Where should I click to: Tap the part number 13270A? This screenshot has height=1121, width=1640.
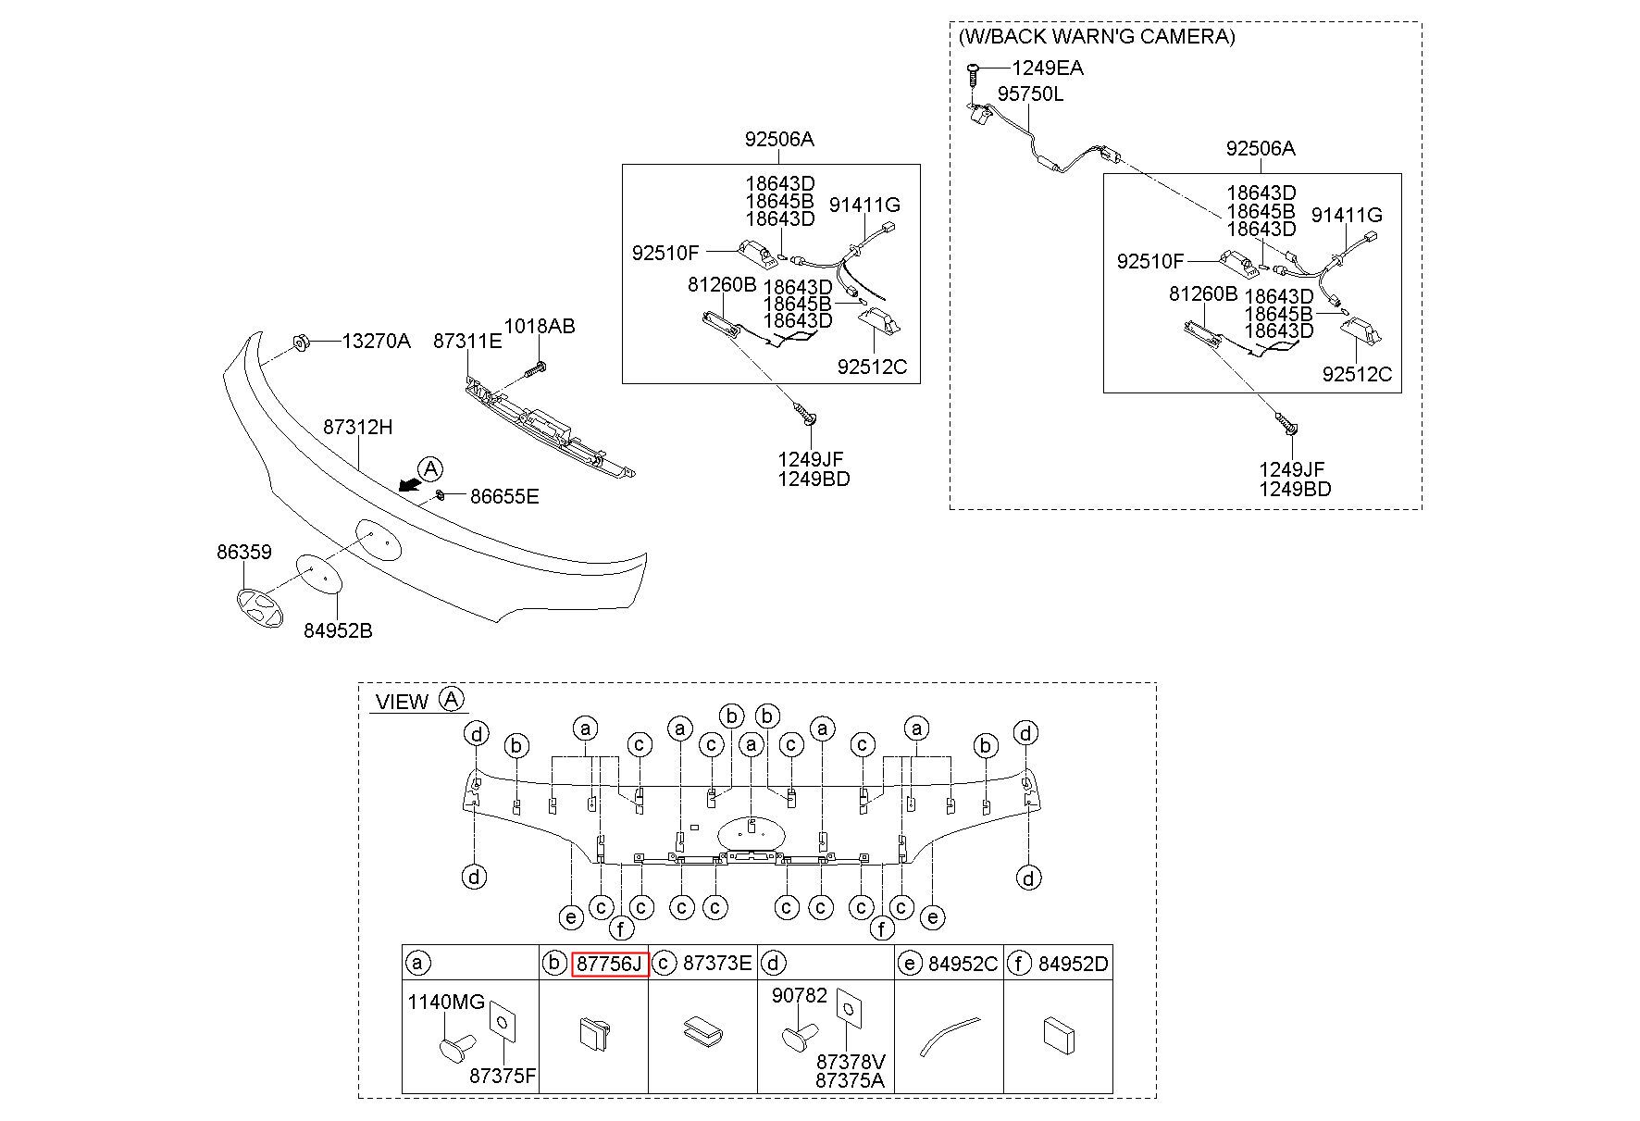(376, 341)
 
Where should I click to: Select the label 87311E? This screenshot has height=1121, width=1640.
(467, 341)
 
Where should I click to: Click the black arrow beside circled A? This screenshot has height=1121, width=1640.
(407, 484)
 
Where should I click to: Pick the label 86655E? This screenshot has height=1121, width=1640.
(504, 496)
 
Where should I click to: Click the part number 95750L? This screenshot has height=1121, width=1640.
(1030, 94)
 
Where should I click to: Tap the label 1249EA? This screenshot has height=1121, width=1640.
(1048, 68)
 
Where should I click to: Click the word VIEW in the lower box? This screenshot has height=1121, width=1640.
(403, 702)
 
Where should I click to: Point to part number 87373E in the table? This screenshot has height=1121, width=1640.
(717, 964)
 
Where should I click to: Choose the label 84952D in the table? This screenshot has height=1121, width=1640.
(1073, 964)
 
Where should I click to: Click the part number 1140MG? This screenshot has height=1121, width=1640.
(446, 1002)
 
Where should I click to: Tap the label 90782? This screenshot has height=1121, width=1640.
(800, 996)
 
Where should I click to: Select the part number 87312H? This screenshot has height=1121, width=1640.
(358, 428)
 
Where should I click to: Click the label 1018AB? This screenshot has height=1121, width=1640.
(540, 326)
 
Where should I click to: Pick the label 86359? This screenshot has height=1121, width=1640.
(244, 553)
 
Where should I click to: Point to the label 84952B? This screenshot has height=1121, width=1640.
(338, 630)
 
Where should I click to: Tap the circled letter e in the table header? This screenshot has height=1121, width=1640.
(910, 964)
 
